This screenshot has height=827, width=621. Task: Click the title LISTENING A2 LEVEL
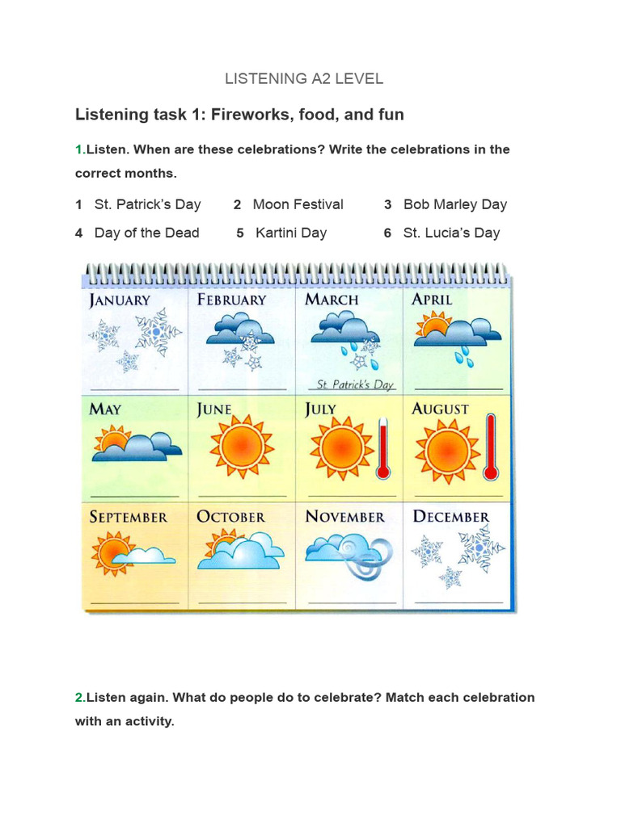[304, 78]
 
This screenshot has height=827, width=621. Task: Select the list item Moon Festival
[298, 204]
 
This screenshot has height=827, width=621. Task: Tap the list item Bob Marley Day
[454, 204]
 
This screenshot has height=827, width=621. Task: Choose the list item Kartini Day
[290, 233]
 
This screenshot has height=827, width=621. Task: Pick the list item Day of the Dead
[146, 233]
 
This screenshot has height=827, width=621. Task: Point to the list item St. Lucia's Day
[451, 233]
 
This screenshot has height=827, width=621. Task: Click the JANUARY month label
[120, 300]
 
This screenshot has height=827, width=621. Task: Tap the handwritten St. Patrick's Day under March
[354, 384]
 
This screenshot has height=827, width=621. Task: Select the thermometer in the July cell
[383, 449]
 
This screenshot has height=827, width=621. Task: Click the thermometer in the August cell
[490, 447]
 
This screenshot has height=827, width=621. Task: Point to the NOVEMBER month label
[344, 517]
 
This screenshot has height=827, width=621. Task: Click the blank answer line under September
[134, 602]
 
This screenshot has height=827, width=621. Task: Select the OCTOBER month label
[230, 517]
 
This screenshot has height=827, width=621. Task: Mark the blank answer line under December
[458, 602]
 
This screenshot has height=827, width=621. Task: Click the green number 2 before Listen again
[79, 697]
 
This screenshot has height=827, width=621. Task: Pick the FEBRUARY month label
[231, 300]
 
